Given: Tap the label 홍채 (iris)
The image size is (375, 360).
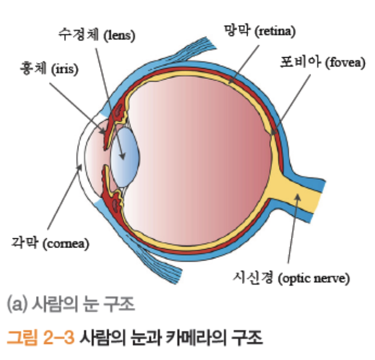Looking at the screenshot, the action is (49, 70).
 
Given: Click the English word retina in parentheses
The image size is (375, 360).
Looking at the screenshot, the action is (277, 31).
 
